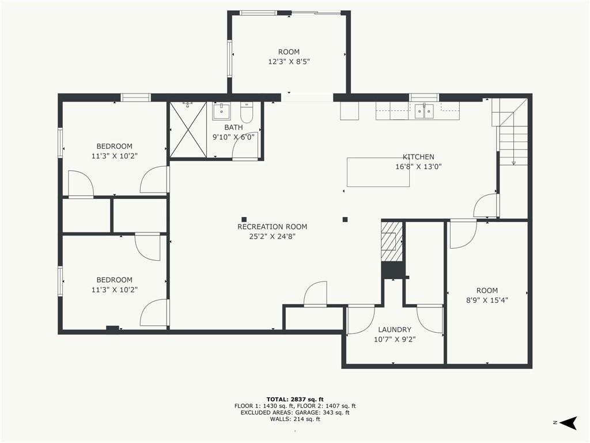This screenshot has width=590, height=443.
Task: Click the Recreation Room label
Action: tap(272, 227)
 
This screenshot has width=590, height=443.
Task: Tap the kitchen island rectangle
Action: tap(378, 172)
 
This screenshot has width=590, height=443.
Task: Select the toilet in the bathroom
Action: tap(247, 112)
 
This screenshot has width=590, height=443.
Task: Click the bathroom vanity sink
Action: tap(221, 111)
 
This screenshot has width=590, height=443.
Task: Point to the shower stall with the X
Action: tap(188, 129)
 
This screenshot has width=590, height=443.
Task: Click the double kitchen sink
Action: tap(424, 111)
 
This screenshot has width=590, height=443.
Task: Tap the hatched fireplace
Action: tap(392, 242)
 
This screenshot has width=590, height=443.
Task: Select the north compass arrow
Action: tap(568, 423)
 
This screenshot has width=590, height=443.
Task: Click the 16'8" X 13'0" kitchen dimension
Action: tap(418, 167)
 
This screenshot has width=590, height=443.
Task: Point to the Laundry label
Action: tap(395, 329)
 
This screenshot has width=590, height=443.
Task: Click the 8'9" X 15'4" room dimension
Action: tap(487, 300)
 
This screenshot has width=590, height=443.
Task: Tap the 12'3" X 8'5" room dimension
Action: tap(289, 61)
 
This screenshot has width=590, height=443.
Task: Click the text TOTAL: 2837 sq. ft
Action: tap(295, 399)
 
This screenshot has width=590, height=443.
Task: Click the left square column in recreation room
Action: tap(244, 219)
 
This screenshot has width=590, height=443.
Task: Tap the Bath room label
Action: tap(233, 127)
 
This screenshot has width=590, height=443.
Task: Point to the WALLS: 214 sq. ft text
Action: tap(295, 419)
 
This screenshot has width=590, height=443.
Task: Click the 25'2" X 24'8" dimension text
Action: tap(272, 236)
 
